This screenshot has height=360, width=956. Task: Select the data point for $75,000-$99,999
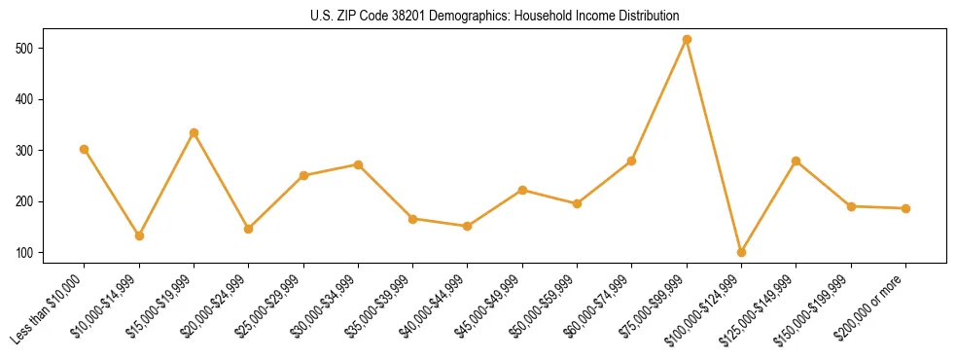[x=687, y=40]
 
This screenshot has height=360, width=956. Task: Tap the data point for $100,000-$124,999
[x=741, y=252]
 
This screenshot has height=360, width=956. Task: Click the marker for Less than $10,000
[x=85, y=149]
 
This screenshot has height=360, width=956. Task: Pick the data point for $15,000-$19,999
[x=194, y=132]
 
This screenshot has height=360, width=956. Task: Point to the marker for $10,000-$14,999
[x=139, y=235]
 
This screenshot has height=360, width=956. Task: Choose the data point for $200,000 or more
[x=905, y=208]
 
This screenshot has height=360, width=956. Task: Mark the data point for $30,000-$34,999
[x=358, y=164]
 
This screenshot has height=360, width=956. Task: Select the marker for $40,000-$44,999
[x=468, y=226]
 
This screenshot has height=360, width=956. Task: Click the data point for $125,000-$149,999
[x=797, y=161]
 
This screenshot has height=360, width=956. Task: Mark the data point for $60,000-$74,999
[x=632, y=161]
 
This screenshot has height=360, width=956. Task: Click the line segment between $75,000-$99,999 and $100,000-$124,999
[x=714, y=146]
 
